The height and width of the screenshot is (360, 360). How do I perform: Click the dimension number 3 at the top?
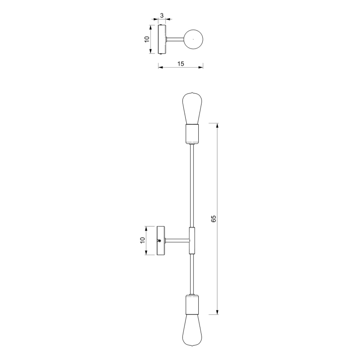pyautogui.click(x=162, y=16)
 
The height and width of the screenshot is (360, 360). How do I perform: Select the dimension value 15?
pyautogui.click(x=181, y=63)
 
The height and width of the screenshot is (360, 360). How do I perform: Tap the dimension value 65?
pyautogui.click(x=213, y=219)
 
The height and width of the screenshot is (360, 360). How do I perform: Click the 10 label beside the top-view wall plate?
pyautogui.click(x=147, y=39)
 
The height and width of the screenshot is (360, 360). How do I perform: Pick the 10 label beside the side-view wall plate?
pyautogui.click(x=143, y=241)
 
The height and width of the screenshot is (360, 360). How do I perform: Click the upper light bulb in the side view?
pyautogui.click(x=192, y=108)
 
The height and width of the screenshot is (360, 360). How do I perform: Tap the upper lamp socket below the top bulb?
pyautogui.click(x=192, y=134)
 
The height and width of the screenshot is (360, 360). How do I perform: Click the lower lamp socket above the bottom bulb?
pyautogui.click(x=192, y=304)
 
